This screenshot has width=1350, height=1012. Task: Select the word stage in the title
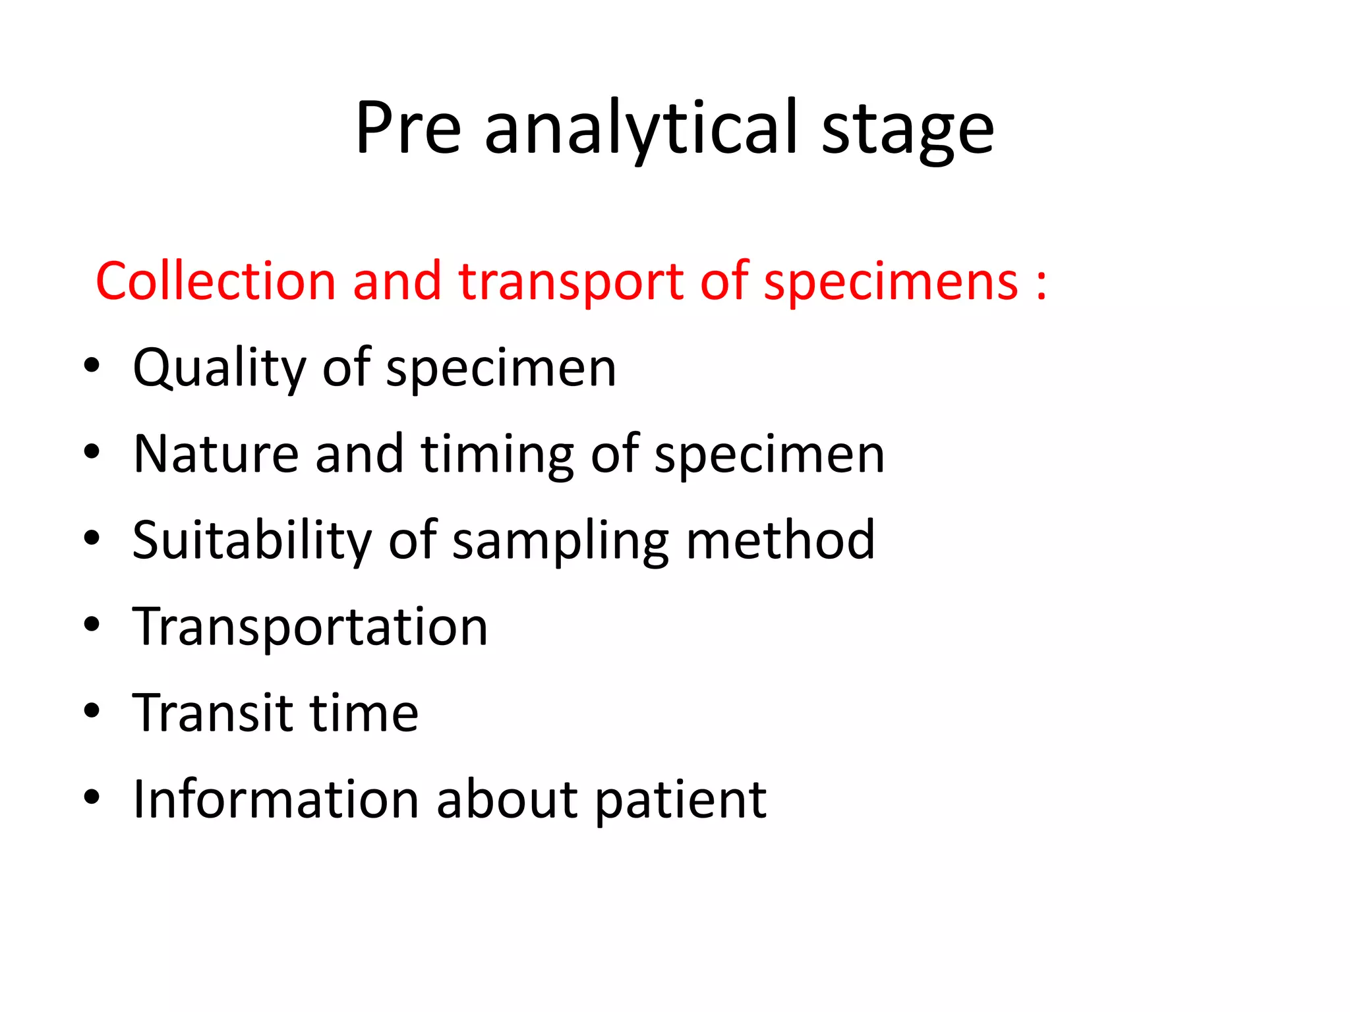pos(908,130)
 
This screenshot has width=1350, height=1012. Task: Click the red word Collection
pos(216,281)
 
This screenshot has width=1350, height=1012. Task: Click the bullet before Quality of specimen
pos(92,365)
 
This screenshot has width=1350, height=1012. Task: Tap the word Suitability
pos(252,541)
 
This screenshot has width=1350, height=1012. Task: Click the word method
pos(780,540)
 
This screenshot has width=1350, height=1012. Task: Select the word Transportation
pos(310,627)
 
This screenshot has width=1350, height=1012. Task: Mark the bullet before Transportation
pos(92,624)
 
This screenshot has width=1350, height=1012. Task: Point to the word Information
pos(276,799)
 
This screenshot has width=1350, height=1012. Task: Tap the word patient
pos(681,801)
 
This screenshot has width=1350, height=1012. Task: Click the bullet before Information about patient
pos(92,797)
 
